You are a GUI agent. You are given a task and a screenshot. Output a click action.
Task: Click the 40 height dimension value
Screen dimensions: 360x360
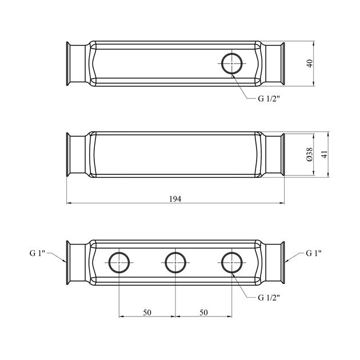(x=310, y=63)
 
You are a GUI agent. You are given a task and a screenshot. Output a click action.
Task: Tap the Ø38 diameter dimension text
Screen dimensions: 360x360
(x=310, y=154)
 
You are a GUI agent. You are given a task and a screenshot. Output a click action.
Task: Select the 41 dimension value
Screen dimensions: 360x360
(x=324, y=154)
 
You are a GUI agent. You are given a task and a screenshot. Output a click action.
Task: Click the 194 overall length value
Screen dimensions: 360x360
(x=175, y=199)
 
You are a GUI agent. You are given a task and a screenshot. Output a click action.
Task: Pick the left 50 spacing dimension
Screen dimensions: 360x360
(x=147, y=313)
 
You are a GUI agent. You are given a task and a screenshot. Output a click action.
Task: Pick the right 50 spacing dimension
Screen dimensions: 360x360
(x=203, y=313)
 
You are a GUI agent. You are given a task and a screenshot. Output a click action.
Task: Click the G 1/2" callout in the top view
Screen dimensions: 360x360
(x=269, y=99)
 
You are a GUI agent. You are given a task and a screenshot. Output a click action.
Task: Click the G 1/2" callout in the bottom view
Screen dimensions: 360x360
(x=269, y=298)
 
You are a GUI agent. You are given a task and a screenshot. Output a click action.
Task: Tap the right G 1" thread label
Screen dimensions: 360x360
(x=314, y=253)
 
